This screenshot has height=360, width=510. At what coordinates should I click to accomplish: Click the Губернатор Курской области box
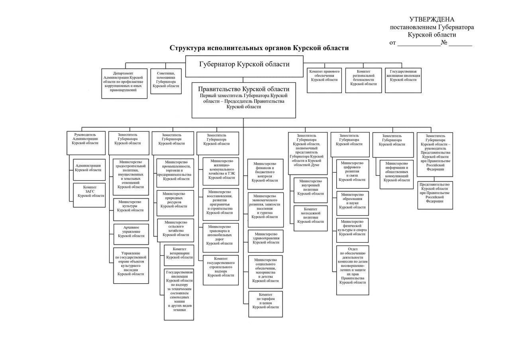point(244,66)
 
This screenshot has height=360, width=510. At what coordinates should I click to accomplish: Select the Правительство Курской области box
point(243,100)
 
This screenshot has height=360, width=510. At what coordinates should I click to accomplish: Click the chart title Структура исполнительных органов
point(259,48)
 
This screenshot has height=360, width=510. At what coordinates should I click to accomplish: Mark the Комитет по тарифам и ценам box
point(266,304)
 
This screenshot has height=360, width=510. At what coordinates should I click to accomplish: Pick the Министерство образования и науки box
point(352,203)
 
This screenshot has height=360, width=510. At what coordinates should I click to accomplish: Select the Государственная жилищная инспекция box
point(403,80)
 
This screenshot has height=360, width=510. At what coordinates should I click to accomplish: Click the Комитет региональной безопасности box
point(363,80)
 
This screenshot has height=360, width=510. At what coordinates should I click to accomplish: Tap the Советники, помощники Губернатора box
point(166,81)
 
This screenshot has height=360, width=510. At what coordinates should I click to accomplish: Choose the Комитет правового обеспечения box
point(324,80)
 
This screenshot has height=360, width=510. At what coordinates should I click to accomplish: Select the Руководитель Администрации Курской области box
point(86,143)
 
